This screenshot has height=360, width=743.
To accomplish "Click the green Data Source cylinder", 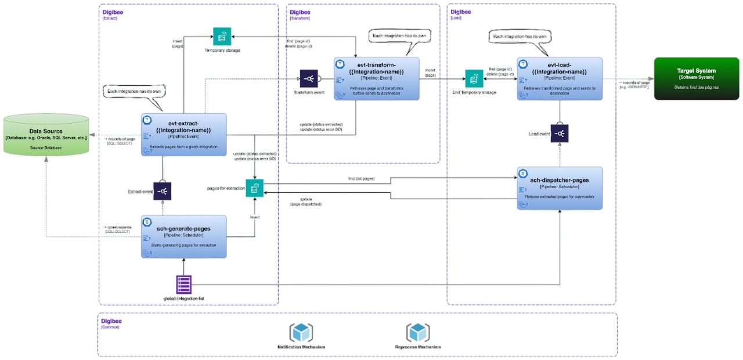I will click(46, 134).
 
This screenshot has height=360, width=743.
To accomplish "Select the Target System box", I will click(697, 78).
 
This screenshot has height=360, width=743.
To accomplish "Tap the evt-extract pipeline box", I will click(183, 135).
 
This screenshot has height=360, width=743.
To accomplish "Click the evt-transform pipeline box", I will click(376, 78).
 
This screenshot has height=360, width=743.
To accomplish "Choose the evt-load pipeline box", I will click(560, 78).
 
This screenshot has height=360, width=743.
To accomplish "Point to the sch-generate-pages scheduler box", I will click(183, 235).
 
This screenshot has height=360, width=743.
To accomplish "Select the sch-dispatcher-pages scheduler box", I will click(560, 188).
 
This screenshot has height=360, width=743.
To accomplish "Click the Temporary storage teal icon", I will click(222, 37).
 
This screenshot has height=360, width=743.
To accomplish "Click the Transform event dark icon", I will click(309, 78).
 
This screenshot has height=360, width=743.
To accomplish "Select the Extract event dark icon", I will click(163, 191).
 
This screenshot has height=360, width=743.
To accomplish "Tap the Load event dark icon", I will click(560, 134).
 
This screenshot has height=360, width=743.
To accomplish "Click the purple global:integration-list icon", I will click(184, 285).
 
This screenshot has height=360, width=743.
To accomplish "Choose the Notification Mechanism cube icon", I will click(301, 333).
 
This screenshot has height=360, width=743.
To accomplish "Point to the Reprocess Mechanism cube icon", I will click(418, 333).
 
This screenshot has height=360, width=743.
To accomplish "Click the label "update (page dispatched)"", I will click(306, 201).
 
